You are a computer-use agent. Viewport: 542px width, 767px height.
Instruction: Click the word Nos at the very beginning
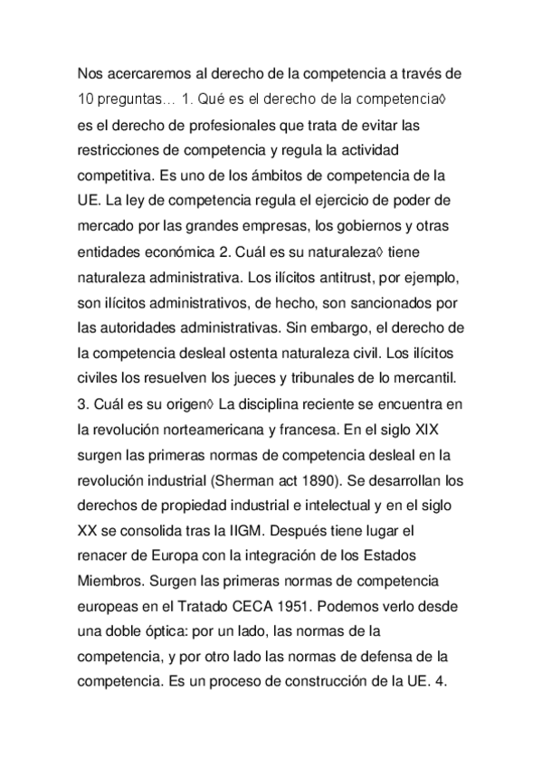pyautogui.click(x=90, y=72)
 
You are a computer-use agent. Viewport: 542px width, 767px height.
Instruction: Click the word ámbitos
pyautogui.click(x=298, y=171)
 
